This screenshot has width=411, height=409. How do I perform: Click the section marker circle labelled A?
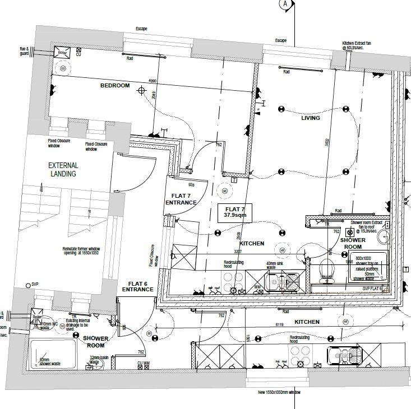[x=284, y=4]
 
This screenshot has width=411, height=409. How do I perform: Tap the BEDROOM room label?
[x=115, y=86]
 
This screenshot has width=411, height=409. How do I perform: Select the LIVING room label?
[x=311, y=118]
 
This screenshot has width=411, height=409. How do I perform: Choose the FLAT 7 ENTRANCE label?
[x=181, y=199]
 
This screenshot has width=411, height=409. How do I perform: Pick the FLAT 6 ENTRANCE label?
[x=138, y=286]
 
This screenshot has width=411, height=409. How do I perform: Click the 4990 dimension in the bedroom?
[x=152, y=80]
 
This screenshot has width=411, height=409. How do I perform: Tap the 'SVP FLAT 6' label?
[x=372, y=289]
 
